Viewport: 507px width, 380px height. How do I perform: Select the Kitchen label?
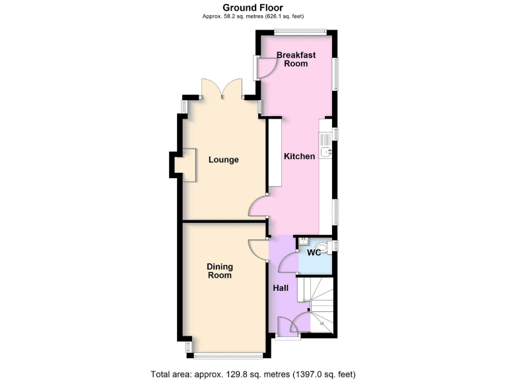[x=299, y=156]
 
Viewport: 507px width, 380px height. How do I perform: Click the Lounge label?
[x=223, y=160]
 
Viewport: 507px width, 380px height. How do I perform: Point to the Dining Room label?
[x=220, y=270]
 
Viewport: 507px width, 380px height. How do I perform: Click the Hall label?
[x=281, y=288]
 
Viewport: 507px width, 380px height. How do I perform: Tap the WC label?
[x=314, y=253]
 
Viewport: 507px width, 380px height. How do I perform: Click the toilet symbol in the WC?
[x=328, y=245]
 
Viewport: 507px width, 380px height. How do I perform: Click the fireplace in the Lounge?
[x=186, y=164]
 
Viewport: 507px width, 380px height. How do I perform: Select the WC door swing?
[x=288, y=263]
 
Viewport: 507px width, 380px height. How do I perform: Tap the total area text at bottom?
[x=253, y=373]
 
